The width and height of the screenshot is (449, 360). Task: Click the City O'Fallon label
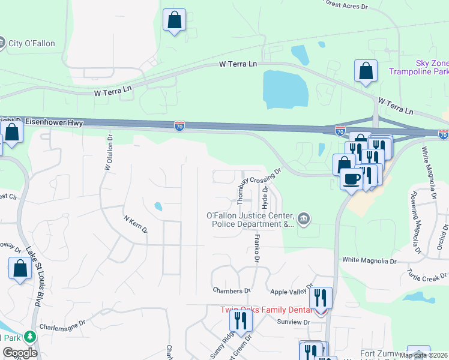(31, 43)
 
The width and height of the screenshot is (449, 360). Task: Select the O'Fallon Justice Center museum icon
(304, 220)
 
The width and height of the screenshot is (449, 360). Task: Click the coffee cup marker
(351, 178)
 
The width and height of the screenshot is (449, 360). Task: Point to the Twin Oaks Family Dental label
(266, 310)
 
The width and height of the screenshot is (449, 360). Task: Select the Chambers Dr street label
(231, 290)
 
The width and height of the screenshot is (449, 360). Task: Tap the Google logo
(20, 353)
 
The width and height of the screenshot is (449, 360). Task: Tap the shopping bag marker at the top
(174, 20)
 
